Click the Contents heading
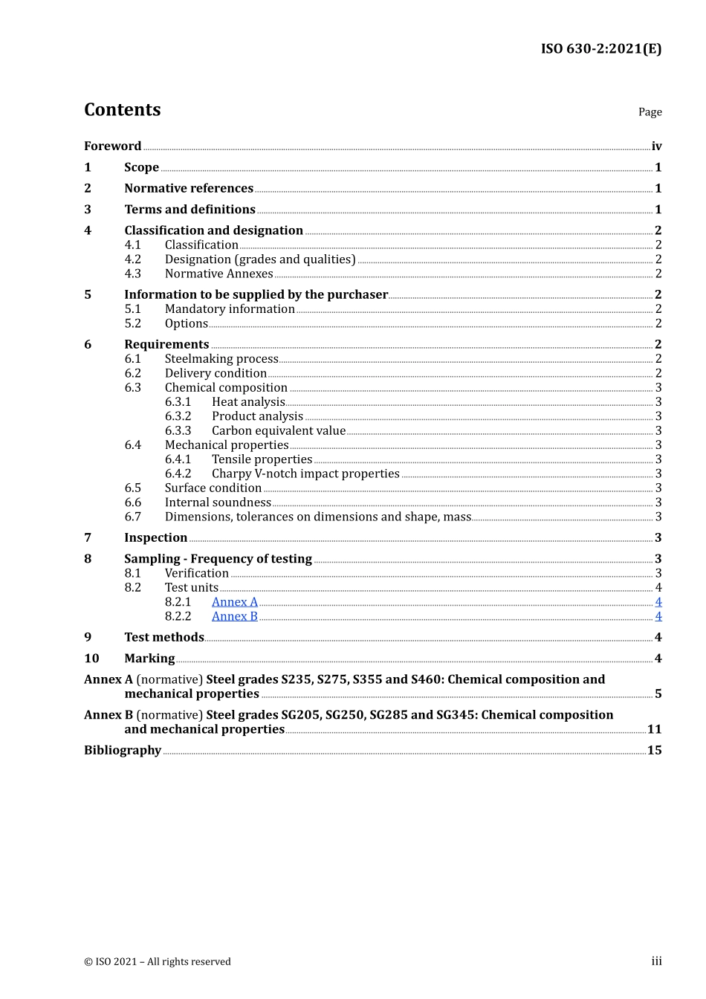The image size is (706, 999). tap(122, 110)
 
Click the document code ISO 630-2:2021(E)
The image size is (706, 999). tap(600, 49)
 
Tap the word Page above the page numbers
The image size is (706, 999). tap(650, 112)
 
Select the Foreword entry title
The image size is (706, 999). tap(112, 146)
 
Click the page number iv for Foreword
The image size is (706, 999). tap(656, 146)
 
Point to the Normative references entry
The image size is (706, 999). tap(189, 189)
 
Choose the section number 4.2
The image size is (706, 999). tap(132, 259)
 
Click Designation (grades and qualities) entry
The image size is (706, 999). tap(260, 259)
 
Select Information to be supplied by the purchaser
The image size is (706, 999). tap(256, 295)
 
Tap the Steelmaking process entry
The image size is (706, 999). tap(221, 359)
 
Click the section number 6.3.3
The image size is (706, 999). tap(178, 431)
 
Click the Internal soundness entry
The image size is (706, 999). tap(218, 502)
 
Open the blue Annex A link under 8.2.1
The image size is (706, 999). tap(234, 602)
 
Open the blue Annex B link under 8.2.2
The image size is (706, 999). tap(234, 616)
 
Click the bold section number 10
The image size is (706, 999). tap(91, 659)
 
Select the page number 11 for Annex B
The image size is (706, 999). tap(654, 729)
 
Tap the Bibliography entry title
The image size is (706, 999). tap(123, 750)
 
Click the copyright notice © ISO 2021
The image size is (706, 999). tap(157, 962)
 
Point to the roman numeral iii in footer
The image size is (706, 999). tap(656, 961)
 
